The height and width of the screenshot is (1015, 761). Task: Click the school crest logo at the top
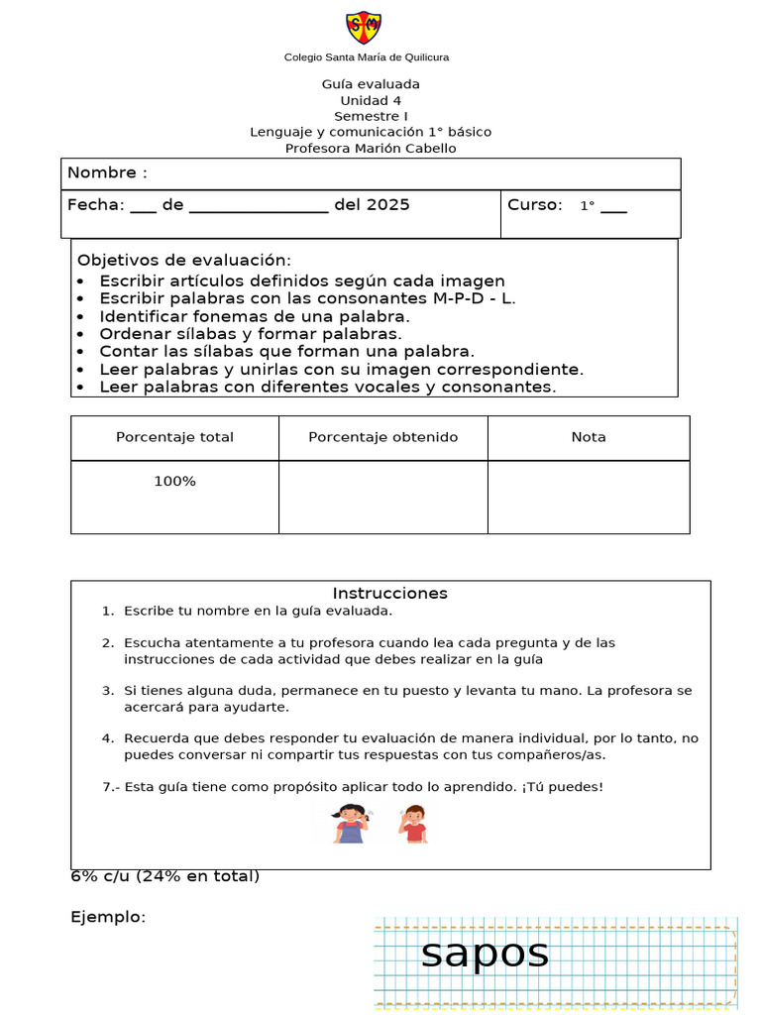[x=364, y=28]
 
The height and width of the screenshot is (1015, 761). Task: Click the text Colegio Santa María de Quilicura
[x=367, y=57]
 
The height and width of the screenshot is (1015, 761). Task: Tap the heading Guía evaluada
[x=371, y=84]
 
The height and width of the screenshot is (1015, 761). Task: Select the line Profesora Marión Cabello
[x=371, y=149]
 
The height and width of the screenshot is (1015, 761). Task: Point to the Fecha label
[x=95, y=205]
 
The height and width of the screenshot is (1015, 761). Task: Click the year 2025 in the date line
[x=387, y=205]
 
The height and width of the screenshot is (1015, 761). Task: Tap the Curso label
[x=535, y=205]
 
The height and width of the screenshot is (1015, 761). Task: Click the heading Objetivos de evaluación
[x=184, y=260]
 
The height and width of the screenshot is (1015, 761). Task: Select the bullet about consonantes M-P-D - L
[x=307, y=298]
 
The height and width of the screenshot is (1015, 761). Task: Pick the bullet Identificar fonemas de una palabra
[x=254, y=316]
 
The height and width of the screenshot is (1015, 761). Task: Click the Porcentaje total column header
[x=174, y=437]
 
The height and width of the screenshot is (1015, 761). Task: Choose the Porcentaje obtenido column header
[x=383, y=437]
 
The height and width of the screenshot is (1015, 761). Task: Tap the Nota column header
[x=589, y=437]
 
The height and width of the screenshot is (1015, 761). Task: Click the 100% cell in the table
[x=174, y=482]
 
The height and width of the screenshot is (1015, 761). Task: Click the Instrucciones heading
[x=389, y=594]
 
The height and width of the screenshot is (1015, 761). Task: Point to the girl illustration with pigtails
[x=350, y=824]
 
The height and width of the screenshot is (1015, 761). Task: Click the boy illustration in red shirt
[x=413, y=824]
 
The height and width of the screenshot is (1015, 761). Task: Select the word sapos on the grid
[x=485, y=954]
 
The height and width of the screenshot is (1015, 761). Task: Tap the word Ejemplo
[x=108, y=917]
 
